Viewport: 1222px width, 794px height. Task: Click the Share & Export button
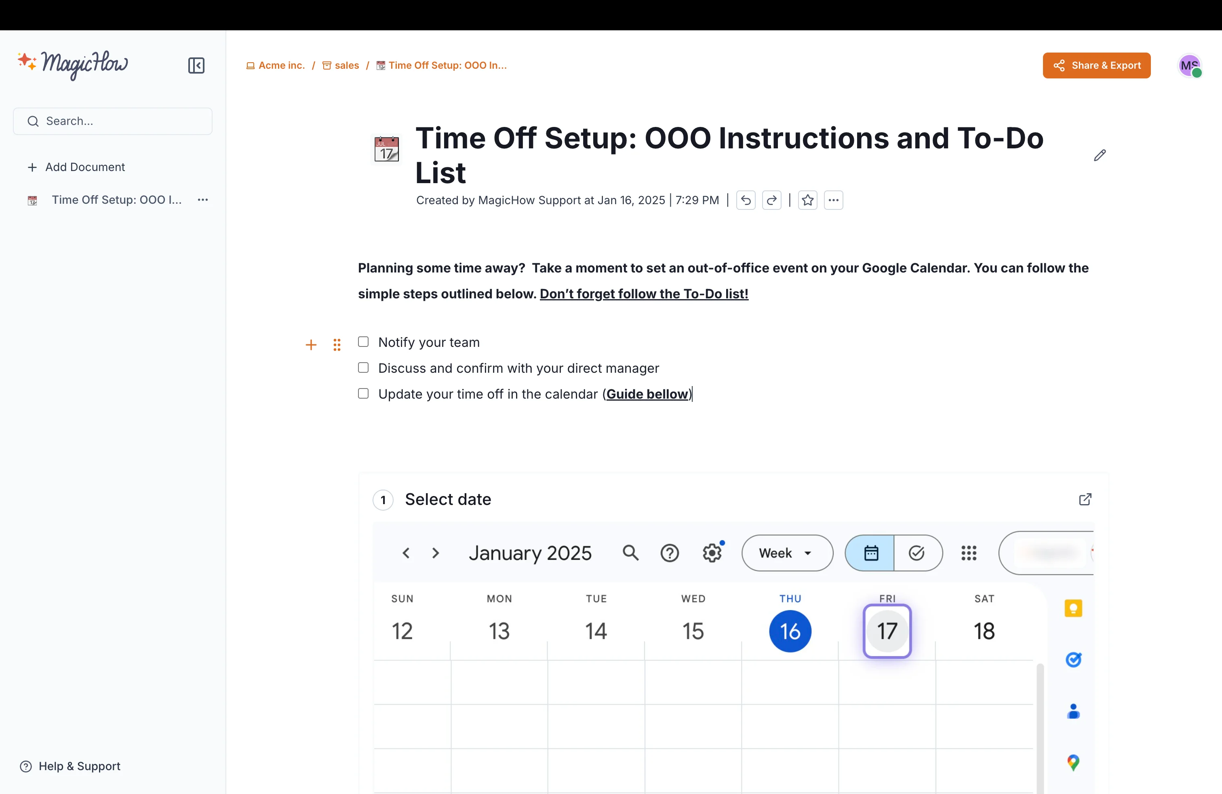[x=1096, y=65]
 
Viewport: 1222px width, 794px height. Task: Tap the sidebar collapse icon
[x=196, y=65]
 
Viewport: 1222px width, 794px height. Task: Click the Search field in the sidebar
[x=113, y=121]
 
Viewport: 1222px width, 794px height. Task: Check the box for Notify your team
[x=363, y=342]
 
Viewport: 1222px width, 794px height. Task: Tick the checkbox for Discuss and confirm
[x=363, y=368]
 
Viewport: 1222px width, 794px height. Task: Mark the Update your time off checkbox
[x=363, y=393]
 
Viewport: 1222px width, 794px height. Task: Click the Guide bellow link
[x=647, y=394]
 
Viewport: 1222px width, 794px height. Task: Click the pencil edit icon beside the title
[x=1099, y=155]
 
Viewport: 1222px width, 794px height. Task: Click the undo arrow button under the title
[x=746, y=200]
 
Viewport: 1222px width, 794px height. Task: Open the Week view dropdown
[x=787, y=553]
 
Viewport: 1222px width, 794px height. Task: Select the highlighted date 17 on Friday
[x=887, y=631]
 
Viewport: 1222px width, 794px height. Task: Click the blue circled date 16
[x=790, y=631]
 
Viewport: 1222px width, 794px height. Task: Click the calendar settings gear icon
[x=712, y=553]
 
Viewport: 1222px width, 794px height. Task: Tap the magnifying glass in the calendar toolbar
[x=630, y=553]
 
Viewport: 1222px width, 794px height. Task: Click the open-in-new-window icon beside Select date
[x=1085, y=499]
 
